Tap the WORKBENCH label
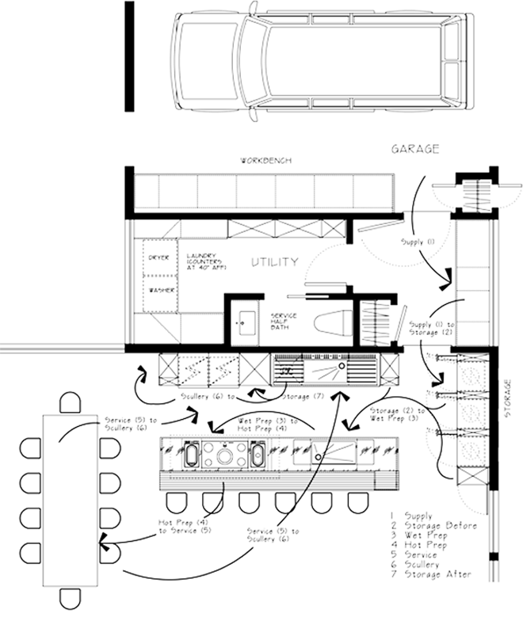267,160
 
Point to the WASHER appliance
161,291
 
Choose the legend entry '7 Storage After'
435,573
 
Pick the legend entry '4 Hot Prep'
424,545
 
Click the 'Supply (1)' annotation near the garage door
418,240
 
